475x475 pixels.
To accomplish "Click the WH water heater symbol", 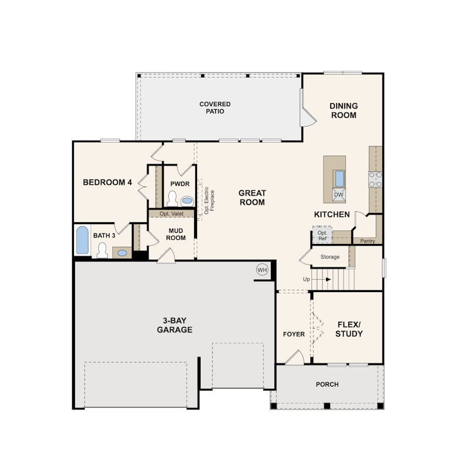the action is point(262,270).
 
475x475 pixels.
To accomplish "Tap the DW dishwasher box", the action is point(338,195).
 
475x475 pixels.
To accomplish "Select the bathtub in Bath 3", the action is point(83,240).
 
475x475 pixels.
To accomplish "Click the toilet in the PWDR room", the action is point(172,198).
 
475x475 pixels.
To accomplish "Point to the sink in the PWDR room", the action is point(187,201).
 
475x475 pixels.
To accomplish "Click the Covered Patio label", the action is point(215,107).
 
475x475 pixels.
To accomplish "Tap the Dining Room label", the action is point(344,111).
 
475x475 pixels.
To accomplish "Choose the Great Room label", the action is point(252,198).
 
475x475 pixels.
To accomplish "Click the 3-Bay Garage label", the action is point(175,325).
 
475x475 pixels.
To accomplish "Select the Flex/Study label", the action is point(349,330).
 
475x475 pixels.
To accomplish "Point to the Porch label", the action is point(327,385).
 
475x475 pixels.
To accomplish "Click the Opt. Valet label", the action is point(171,213).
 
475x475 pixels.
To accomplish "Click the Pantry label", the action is point(368,241).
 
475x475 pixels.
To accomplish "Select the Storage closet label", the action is point(330,257).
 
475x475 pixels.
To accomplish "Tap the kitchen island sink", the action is point(340,178).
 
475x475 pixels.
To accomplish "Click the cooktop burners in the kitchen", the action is point(375,179).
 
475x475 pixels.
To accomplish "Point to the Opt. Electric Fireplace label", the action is point(209,201).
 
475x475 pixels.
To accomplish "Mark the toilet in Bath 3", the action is point(102,250).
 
